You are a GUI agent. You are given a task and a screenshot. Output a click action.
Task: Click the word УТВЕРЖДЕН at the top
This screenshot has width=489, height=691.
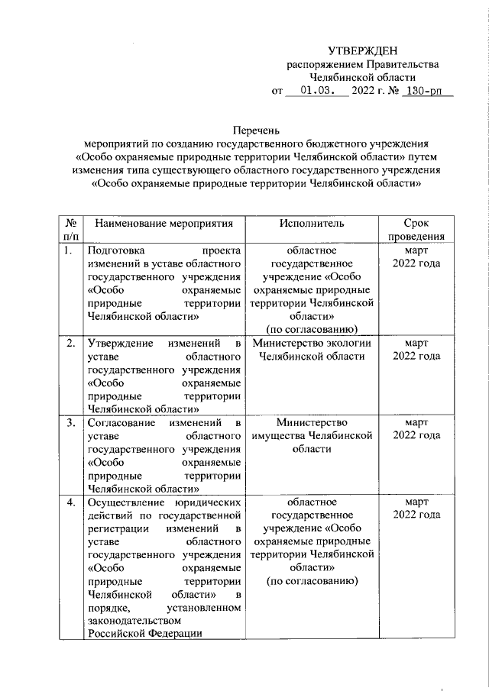(x=363, y=51)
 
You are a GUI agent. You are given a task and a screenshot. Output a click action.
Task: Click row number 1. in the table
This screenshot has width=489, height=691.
(x=69, y=250)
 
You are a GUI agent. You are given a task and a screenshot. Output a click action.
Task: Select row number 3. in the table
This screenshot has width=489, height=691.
(x=70, y=421)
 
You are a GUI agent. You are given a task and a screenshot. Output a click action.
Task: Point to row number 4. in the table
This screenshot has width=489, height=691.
(x=70, y=502)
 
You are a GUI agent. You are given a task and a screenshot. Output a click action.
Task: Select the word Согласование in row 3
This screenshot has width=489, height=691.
(x=122, y=421)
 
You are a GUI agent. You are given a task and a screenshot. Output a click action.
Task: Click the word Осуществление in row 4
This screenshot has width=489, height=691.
(x=127, y=502)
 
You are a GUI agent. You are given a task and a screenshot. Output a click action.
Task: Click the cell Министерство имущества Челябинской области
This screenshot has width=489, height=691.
(x=312, y=435)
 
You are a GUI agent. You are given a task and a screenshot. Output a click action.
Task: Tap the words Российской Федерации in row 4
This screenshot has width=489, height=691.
(x=144, y=634)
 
